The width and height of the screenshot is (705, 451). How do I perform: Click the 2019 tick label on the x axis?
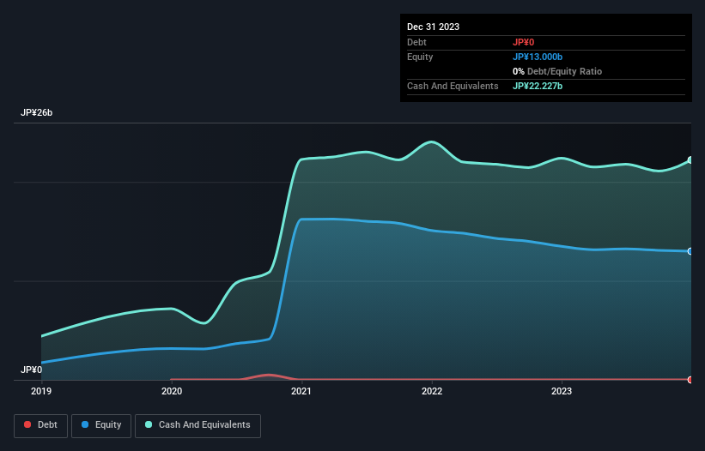(x=41, y=391)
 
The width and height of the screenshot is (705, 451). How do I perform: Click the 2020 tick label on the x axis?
(x=172, y=391)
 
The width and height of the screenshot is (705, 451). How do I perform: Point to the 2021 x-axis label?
(x=301, y=391)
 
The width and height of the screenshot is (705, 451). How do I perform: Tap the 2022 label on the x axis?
(x=432, y=391)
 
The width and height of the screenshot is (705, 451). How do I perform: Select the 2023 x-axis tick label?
(x=562, y=391)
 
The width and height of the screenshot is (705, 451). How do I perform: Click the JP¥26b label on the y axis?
(x=37, y=113)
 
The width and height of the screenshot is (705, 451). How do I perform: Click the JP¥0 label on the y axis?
(x=32, y=370)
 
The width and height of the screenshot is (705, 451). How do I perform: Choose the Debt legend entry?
(x=40, y=424)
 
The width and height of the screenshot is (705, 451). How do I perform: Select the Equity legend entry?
(x=101, y=424)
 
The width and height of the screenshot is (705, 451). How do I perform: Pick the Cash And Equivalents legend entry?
(x=198, y=424)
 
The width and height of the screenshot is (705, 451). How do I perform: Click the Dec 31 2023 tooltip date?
(x=433, y=27)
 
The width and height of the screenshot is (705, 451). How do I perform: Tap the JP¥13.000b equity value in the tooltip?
(x=538, y=57)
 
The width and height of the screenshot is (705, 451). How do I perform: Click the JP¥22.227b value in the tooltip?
(x=538, y=86)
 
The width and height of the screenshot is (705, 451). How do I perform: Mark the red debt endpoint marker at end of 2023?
(x=690, y=379)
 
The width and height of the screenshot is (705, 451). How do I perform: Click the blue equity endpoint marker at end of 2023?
(x=690, y=251)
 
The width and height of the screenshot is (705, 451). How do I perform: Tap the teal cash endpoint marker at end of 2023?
(x=690, y=160)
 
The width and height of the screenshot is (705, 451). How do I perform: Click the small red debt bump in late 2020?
(x=270, y=375)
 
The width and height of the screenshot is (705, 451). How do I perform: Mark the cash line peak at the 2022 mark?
(x=432, y=142)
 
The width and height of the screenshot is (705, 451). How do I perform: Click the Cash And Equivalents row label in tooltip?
(x=453, y=86)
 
